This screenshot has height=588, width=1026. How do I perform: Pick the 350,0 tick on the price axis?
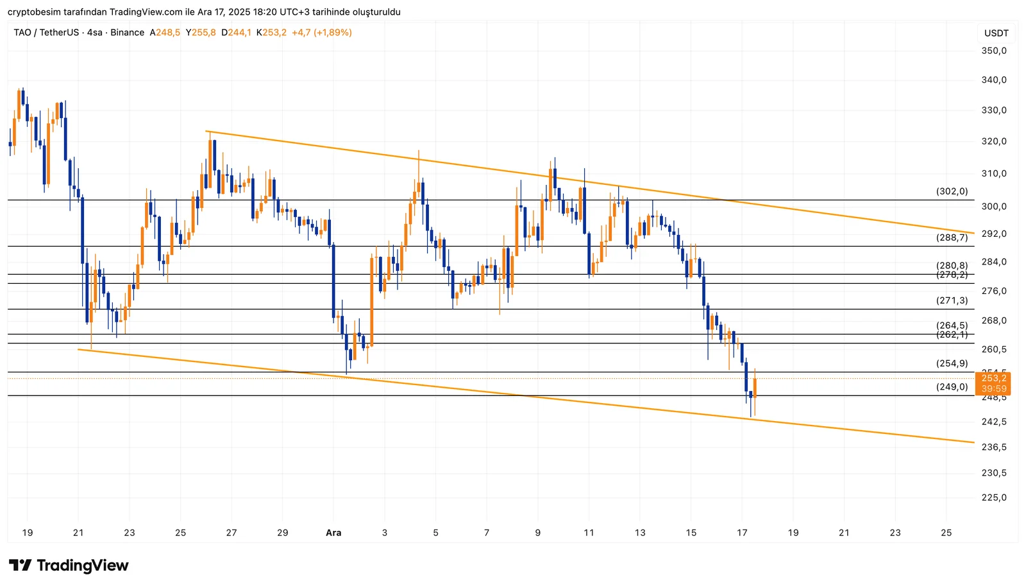pyautogui.click(x=994, y=51)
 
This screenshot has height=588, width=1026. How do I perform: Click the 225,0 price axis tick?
pyautogui.click(x=994, y=497)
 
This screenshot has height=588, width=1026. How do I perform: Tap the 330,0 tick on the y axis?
pyautogui.click(x=994, y=110)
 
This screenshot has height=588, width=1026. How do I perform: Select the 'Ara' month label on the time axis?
pyautogui.click(x=333, y=533)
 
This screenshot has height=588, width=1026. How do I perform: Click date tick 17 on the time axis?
pyautogui.click(x=742, y=533)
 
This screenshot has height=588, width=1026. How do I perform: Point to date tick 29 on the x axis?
pyautogui.click(x=282, y=533)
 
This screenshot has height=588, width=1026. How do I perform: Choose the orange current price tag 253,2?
pyautogui.click(x=993, y=379)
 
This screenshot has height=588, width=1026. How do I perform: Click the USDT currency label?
pyautogui.click(x=997, y=33)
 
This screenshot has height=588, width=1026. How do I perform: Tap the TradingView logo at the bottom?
pyautogui.click(x=69, y=566)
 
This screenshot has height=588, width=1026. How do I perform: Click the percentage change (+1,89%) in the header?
pyautogui.click(x=332, y=33)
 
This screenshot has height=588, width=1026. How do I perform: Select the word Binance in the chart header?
pyautogui.click(x=127, y=33)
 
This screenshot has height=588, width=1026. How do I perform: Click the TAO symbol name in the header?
pyautogui.click(x=22, y=33)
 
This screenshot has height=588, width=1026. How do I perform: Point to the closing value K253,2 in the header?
pyautogui.click(x=271, y=33)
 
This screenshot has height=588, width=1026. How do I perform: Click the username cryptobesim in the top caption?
pyautogui.click(x=34, y=12)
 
